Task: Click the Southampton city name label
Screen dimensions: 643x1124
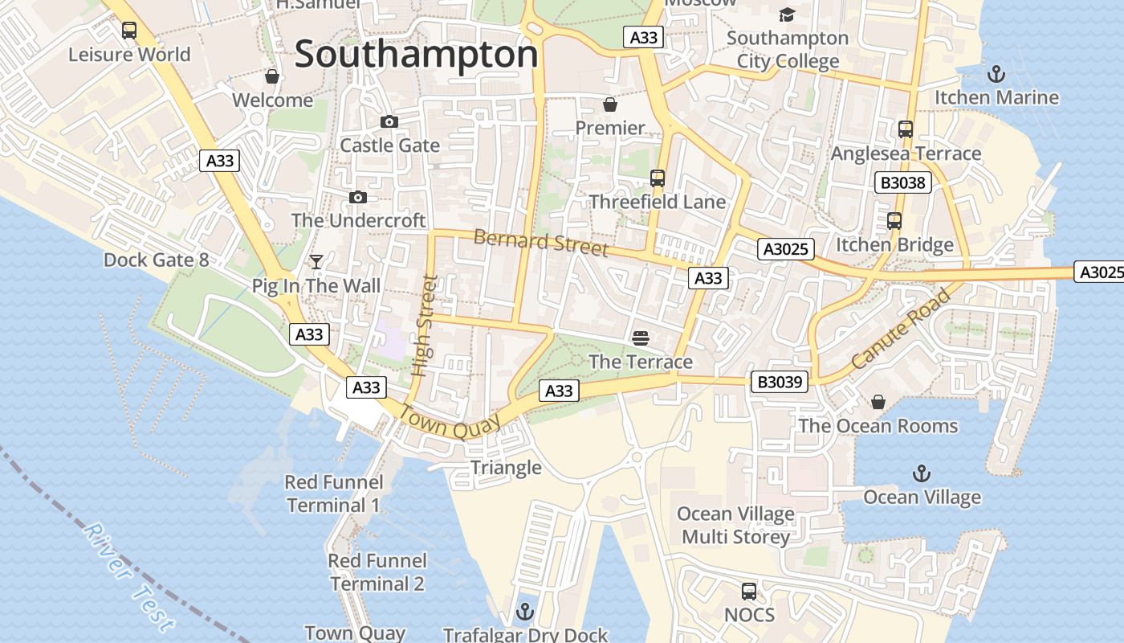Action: (416, 55)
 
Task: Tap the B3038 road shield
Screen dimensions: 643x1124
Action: (903, 182)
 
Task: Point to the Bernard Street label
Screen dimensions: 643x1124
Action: (540, 243)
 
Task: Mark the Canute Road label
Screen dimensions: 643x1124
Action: (901, 329)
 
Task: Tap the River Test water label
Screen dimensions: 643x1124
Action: (128, 577)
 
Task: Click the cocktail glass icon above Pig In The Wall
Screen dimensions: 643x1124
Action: (316, 262)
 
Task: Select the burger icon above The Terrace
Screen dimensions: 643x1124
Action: (640, 338)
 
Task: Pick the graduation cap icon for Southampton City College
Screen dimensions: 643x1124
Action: (787, 14)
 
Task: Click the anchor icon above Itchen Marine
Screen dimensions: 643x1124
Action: (996, 74)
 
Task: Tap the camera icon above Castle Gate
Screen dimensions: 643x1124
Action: (389, 121)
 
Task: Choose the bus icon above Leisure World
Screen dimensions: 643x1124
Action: (128, 31)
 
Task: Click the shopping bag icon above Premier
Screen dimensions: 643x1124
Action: (610, 104)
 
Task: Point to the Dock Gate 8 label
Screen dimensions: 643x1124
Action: (156, 260)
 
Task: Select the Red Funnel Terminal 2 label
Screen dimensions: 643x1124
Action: (377, 572)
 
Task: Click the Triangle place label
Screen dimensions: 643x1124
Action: (506, 468)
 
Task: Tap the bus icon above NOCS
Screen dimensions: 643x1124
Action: (748, 592)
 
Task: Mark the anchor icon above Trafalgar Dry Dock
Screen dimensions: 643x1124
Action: (525, 612)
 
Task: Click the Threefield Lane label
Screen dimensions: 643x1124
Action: (657, 202)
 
